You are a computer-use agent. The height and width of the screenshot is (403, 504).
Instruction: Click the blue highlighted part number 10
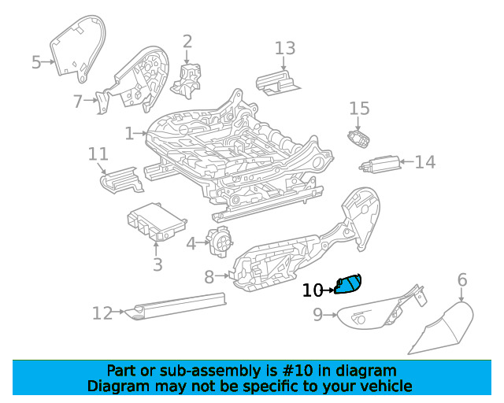click(348, 284)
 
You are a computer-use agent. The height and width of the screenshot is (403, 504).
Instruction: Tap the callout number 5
click(36, 62)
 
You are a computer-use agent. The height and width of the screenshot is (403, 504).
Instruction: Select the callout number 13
click(285, 48)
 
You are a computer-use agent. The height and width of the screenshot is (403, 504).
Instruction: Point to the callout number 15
click(359, 109)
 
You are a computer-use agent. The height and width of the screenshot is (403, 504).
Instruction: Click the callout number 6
click(462, 280)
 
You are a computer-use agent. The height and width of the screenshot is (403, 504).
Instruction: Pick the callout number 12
click(102, 313)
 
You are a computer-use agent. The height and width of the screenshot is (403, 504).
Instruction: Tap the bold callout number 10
click(313, 290)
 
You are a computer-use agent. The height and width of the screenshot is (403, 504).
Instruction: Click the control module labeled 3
click(157, 222)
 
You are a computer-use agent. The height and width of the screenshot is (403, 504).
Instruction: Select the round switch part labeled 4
click(220, 242)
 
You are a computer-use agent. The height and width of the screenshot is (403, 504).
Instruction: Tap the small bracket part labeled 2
click(186, 80)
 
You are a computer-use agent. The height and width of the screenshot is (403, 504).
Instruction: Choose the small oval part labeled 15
click(358, 139)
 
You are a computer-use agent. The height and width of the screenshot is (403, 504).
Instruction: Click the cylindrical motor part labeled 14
click(380, 165)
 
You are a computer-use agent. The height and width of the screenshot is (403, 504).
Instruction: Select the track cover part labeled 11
click(121, 180)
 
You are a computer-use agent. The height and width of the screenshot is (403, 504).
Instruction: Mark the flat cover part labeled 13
click(278, 83)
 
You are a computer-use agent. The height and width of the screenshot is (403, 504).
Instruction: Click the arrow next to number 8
click(222, 275)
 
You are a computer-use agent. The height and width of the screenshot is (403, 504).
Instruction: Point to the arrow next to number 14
click(407, 161)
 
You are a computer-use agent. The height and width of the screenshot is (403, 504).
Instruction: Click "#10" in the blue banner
click(297, 371)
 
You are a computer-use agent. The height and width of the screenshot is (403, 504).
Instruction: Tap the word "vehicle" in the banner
click(386, 386)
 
